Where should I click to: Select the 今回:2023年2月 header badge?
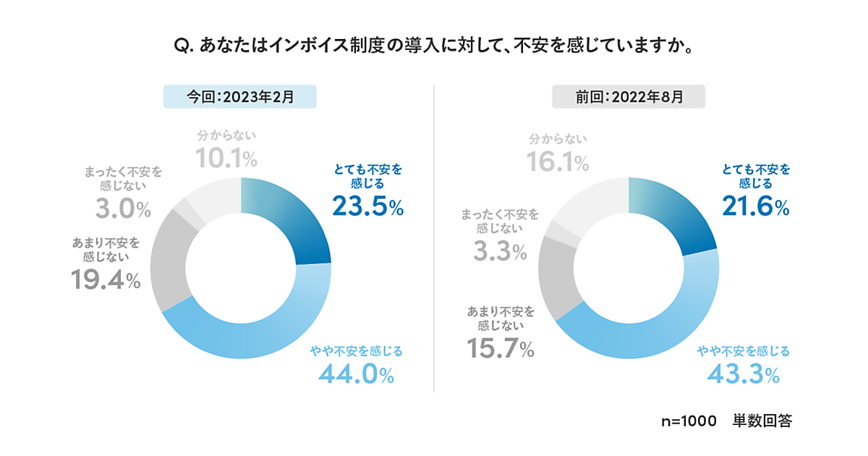[x=240, y=97]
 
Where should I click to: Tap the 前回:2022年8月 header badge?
[x=629, y=97]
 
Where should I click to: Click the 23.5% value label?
[x=367, y=207]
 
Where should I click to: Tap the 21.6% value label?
[x=755, y=207]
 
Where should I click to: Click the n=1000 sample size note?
[x=688, y=421]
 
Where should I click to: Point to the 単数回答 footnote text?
[x=762, y=421]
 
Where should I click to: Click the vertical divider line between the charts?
[x=434, y=239]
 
